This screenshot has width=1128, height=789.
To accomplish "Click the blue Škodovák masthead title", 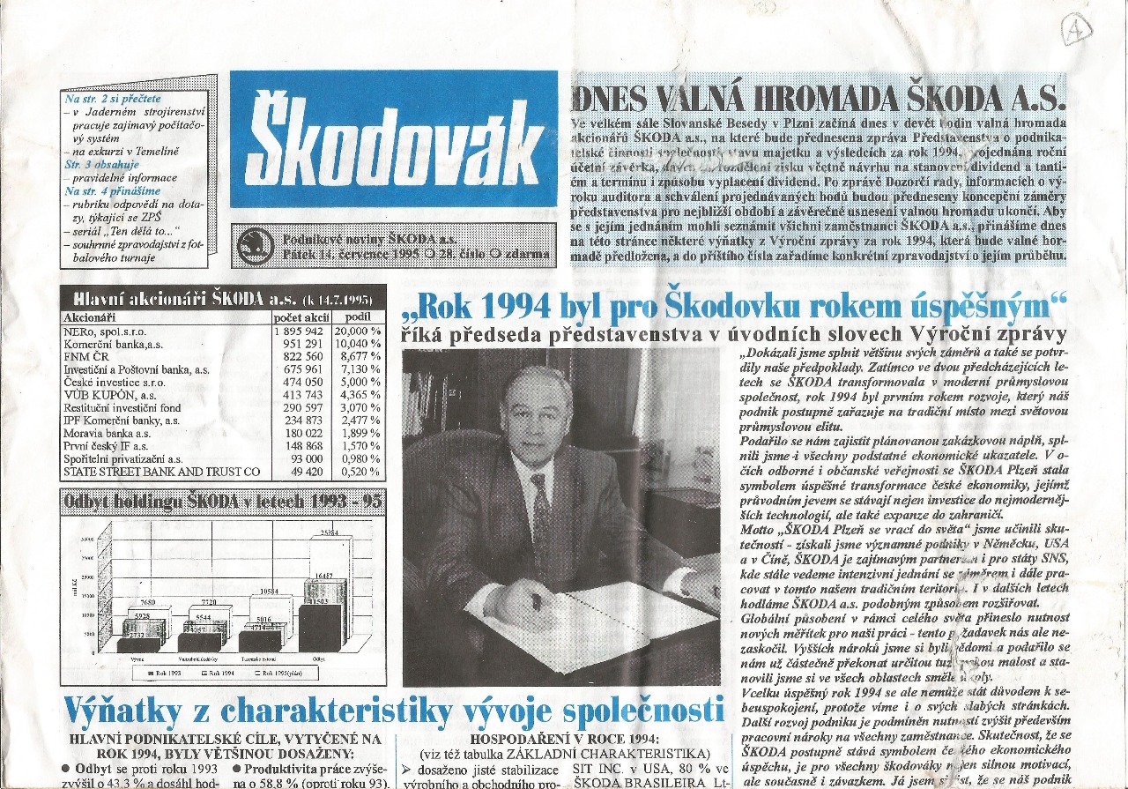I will [x=393, y=138].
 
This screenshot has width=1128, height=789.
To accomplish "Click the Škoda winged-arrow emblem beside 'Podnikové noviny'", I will [x=254, y=246].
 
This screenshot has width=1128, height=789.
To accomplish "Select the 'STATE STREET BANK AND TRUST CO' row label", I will [x=161, y=472].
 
